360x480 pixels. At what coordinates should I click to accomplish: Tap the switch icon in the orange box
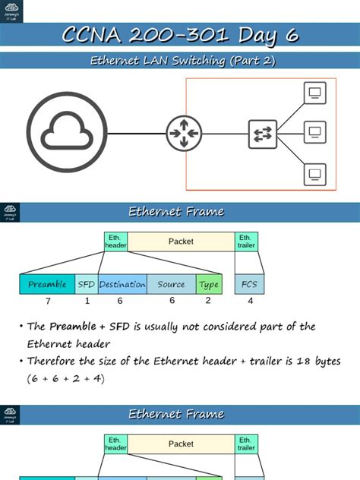click(263, 134)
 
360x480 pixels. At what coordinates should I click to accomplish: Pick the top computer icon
click(314, 93)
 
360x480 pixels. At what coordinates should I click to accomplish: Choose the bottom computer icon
click(314, 175)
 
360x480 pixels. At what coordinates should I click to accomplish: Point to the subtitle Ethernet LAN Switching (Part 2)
click(179, 61)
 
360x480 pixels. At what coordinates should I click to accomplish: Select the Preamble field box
click(47, 285)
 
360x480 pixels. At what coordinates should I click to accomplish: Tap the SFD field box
click(87, 285)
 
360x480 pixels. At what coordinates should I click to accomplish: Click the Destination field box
click(122, 285)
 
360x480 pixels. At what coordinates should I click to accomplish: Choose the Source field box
click(171, 285)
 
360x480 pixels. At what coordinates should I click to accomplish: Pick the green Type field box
click(209, 285)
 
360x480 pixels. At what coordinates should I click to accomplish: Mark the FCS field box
click(249, 285)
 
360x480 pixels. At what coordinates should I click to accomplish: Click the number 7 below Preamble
click(47, 301)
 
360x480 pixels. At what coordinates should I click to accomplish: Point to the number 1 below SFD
click(87, 301)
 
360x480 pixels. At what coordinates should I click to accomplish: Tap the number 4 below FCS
click(250, 301)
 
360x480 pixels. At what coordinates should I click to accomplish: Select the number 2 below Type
click(209, 301)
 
